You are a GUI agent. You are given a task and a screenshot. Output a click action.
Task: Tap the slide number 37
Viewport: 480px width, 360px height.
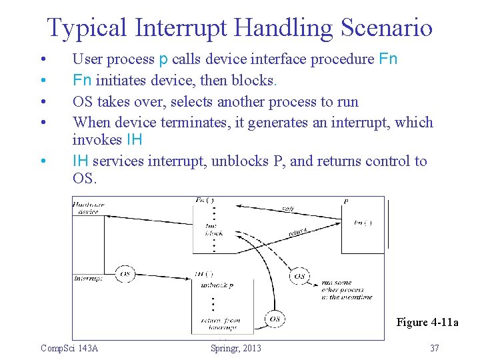point(435,348)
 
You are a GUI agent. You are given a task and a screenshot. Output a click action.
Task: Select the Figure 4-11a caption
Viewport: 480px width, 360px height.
point(427,323)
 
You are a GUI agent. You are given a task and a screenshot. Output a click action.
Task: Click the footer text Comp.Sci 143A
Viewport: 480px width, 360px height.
point(69,348)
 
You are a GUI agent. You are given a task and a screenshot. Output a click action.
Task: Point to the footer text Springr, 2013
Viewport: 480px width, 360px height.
point(235,348)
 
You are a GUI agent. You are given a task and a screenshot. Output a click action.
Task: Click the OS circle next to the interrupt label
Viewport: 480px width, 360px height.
point(125,274)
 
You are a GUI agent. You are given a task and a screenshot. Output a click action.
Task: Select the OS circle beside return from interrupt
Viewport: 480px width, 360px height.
point(274,319)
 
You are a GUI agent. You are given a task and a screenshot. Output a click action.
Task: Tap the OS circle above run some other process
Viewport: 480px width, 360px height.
point(299,275)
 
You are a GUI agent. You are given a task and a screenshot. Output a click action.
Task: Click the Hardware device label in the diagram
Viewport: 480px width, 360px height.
point(86,208)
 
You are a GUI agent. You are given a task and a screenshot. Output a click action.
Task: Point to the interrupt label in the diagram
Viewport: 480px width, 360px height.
point(87,279)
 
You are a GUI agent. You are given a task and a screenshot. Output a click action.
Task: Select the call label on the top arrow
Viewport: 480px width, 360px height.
point(287,209)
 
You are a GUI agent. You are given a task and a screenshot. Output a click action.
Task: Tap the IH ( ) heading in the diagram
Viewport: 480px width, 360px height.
point(203,274)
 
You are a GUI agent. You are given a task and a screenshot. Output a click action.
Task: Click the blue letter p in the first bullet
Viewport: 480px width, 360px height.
point(163,59)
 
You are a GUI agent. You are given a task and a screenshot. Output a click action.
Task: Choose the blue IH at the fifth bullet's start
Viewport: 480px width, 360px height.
point(81,161)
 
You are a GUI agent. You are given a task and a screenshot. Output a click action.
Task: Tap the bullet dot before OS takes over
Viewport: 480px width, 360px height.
point(43,102)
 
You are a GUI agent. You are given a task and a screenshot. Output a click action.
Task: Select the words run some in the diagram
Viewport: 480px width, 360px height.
point(335,283)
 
